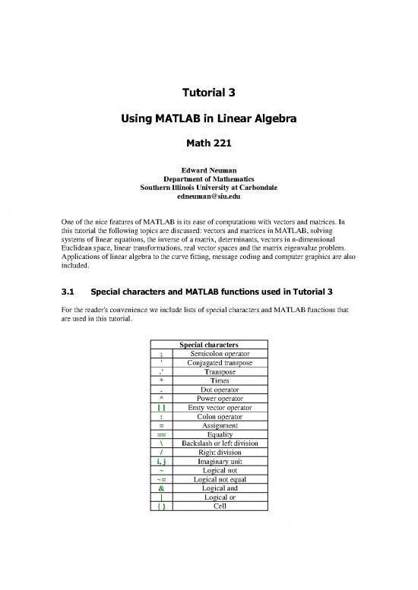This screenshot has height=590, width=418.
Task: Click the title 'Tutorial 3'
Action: point(208,94)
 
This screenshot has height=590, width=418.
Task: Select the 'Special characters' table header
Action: point(209,345)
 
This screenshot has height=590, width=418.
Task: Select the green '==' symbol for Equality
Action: point(162,435)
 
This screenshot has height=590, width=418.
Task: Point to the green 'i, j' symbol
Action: point(162,462)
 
